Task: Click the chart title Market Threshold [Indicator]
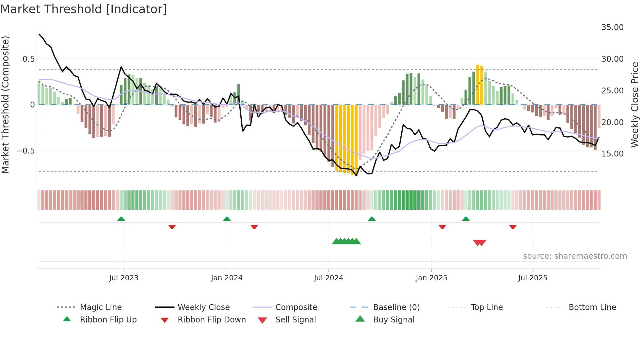point(84,9)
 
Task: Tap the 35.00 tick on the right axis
point(612,27)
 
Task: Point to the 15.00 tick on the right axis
point(612,154)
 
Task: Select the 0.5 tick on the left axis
point(28,59)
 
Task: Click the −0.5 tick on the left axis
point(25,151)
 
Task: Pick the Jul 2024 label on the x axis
point(328,278)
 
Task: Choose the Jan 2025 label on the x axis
point(431,278)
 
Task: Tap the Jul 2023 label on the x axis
point(124,278)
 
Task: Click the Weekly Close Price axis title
point(634,105)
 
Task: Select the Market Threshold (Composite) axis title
point(5,105)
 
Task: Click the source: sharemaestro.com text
point(575,256)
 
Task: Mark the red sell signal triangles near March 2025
point(479,243)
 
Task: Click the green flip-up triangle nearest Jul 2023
point(121,219)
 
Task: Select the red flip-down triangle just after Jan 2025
point(442,227)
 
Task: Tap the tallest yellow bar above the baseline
point(478,85)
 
